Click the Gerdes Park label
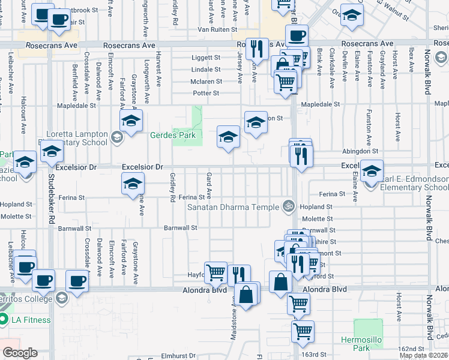172,136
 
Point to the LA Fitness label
30,320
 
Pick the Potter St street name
206,93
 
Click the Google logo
20,353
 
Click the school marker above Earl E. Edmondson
372,172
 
